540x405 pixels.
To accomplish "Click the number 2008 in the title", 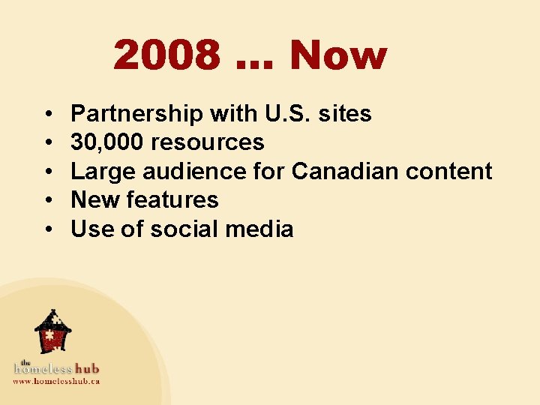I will (167, 55).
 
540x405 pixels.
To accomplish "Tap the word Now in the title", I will (338, 55).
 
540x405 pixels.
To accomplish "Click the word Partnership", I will (136, 114).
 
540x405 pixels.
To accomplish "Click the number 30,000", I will (108, 142).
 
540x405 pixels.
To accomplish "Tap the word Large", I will (103, 171).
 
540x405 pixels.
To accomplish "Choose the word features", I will (172, 199).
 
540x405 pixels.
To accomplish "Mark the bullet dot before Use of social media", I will (47, 229).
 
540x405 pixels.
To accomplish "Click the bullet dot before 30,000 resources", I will (47, 143).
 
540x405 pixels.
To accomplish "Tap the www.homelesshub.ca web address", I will (56, 381).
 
